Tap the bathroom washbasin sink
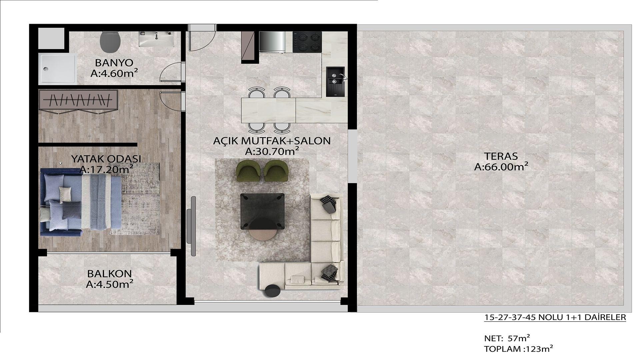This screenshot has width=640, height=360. pyautogui.click(x=157, y=39)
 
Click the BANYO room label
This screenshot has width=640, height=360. pyautogui.click(x=114, y=62)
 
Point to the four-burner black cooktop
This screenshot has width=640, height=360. pyautogui.click(x=307, y=42)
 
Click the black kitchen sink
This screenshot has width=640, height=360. pyautogui.click(x=335, y=82)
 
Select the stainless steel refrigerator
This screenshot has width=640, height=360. pyautogui.click(x=272, y=42)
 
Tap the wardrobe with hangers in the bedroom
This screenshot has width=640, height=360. pyautogui.click(x=78, y=99)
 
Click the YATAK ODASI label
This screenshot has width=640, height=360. pyautogui.click(x=106, y=159)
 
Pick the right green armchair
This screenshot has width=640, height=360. pyautogui.click(x=276, y=171)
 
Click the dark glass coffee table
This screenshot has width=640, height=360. pyautogui.click(x=262, y=211)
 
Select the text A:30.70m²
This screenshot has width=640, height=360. pyautogui.click(x=272, y=151)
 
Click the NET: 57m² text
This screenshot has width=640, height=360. pyautogui.click(x=507, y=338)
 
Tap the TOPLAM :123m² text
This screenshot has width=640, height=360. pyautogui.click(x=518, y=349)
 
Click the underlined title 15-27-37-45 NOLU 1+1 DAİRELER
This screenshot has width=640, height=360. pyautogui.click(x=555, y=317)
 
